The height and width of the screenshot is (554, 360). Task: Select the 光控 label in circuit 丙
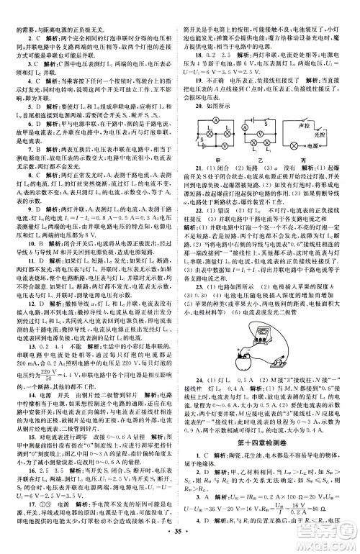(339, 137)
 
